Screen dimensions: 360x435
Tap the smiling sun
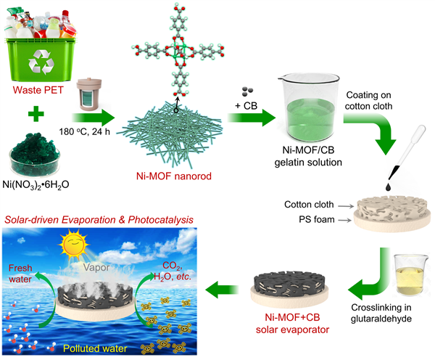(70, 249)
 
